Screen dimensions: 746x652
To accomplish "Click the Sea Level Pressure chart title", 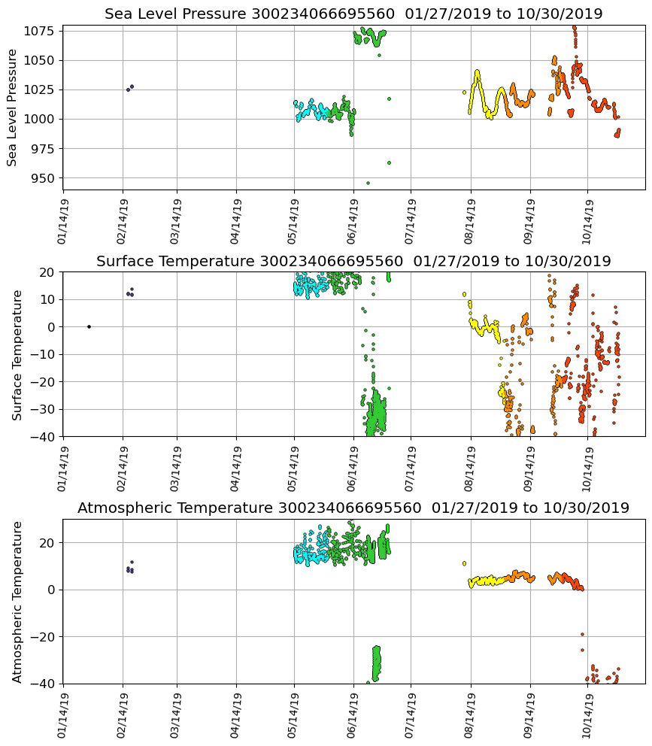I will [353, 14].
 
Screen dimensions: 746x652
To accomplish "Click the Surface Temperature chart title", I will [353, 262].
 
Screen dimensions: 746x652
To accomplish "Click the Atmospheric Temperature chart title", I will [353, 508].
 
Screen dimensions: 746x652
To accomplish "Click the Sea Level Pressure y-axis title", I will [13, 107].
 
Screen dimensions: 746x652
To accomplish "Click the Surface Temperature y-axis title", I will [17, 354].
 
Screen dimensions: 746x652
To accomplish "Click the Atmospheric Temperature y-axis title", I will [17, 602].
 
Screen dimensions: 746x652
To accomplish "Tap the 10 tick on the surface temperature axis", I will [48, 299].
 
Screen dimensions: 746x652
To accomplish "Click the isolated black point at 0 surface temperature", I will [89, 326].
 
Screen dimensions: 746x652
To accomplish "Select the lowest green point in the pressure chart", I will [368, 183].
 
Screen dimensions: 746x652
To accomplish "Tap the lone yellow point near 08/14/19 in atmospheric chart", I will [464, 563].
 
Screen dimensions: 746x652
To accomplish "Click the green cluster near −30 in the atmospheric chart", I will [377, 662].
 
